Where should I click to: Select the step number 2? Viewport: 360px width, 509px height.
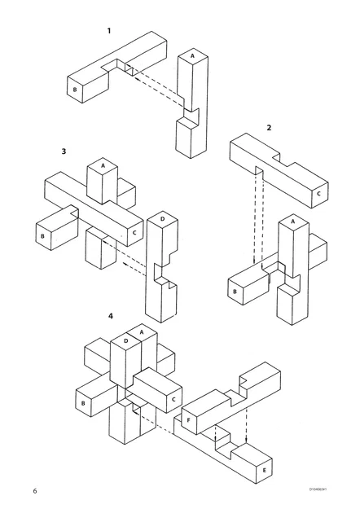click(269, 128)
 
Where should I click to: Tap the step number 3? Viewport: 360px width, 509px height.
click(63, 151)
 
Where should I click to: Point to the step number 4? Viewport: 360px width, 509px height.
click(110, 315)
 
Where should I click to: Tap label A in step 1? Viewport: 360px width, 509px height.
click(192, 56)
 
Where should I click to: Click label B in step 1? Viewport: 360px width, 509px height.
click(74, 90)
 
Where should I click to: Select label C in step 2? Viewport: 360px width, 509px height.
click(318, 194)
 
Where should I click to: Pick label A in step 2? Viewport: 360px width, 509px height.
click(292, 220)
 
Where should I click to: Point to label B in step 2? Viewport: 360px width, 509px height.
click(235, 291)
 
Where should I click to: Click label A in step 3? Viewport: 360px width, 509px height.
click(103, 165)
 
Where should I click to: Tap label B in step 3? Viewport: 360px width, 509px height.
click(42, 236)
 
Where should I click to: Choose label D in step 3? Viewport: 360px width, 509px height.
click(162, 219)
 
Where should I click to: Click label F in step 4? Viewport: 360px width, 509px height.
click(189, 420)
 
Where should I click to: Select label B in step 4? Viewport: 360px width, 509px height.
click(82, 402)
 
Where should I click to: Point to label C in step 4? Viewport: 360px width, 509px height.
click(173, 400)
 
